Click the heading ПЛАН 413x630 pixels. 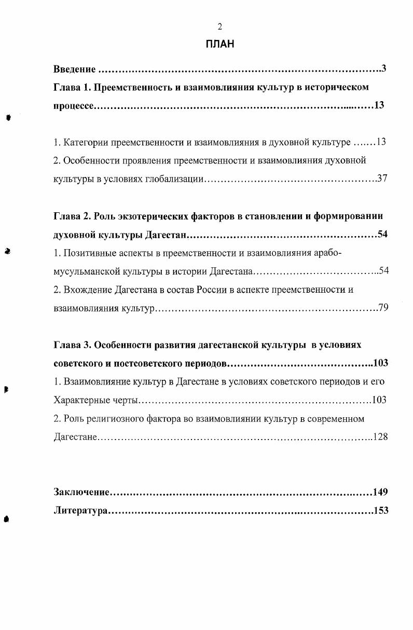click(x=220, y=44)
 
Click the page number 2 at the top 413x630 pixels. click(x=220, y=27)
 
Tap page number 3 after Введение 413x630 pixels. click(x=384, y=69)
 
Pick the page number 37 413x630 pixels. click(x=382, y=179)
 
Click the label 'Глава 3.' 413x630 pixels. click(x=73, y=345)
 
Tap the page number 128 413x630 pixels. click(x=380, y=437)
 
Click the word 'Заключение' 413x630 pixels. click(x=83, y=492)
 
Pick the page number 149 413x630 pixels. click(x=380, y=492)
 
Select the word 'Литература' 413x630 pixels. click(x=80, y=511)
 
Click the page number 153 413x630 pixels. click(x=380, y=511)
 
